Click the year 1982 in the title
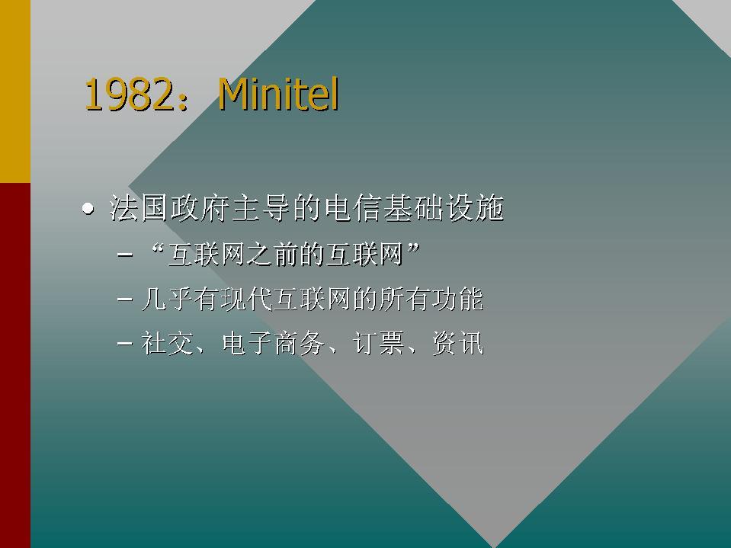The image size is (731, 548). (129, 95)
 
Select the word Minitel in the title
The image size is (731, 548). (279, 95)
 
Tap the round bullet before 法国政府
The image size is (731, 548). (88, 209)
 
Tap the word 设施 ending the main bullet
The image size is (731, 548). (474, 208)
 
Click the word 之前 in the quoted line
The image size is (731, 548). (272, 255)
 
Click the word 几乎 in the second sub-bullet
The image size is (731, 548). (168, 299)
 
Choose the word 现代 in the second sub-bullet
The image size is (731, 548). (246, 299)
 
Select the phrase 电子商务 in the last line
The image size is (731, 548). (274, 344)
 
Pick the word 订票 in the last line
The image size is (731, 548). (379, 344)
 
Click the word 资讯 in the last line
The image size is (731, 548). (458, 344)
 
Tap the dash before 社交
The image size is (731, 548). (125, 345)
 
